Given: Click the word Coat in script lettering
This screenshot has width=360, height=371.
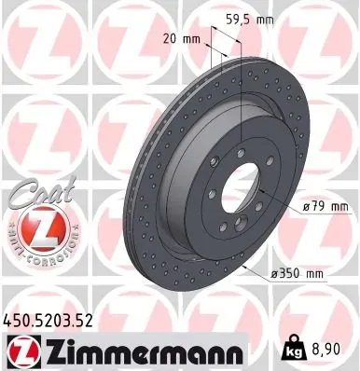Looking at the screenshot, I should tap(32, 190).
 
